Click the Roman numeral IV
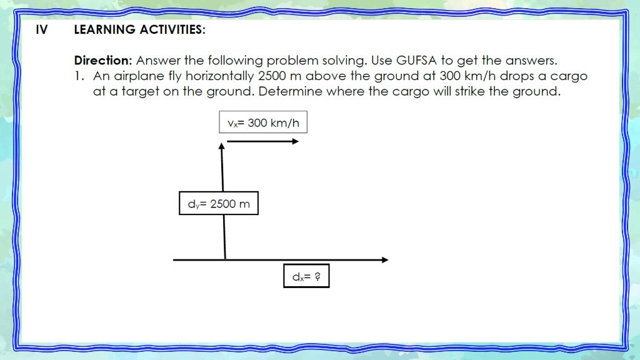tap(41, 29)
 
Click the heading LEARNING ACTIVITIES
tap(139, 29)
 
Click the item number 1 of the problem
tap(77, 76)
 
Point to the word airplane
tap(139, 76)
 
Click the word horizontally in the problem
tap(214, 76)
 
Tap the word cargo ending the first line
tap(569, 76)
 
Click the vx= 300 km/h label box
tap(263, 122)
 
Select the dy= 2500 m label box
tap(219, 203)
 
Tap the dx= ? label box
tap(306, 276)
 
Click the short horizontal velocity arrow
tap(262, 141)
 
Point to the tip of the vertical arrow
tap(221, 146)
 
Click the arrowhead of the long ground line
tap(384, 259)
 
